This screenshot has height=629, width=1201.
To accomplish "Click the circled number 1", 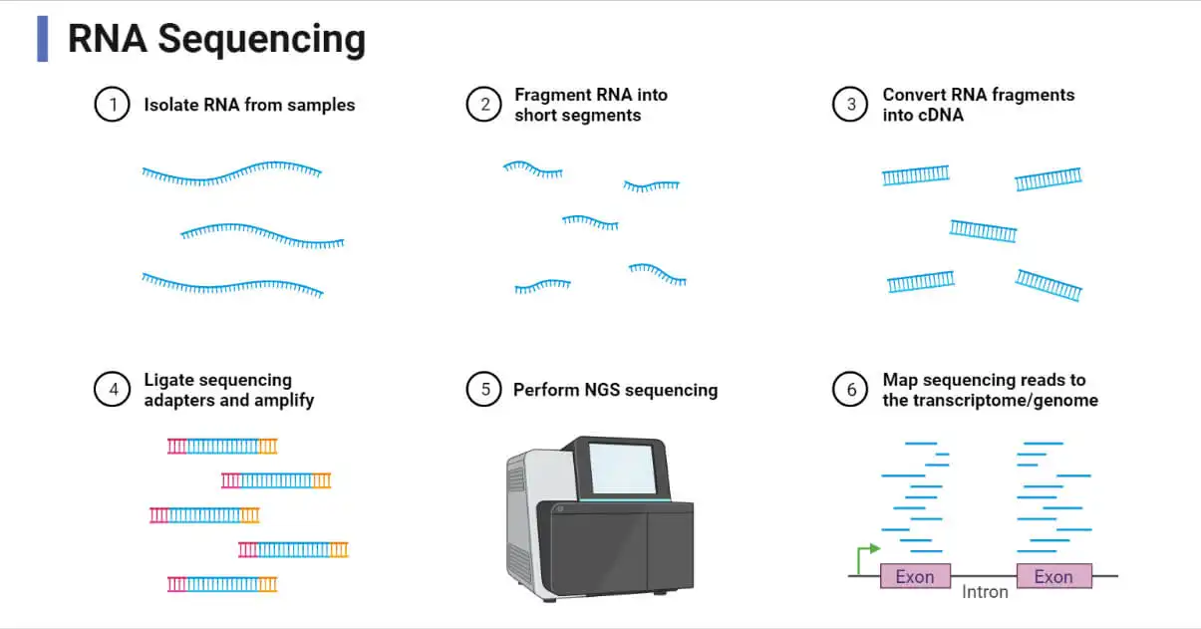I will pyautogui.click(x=113, y=105).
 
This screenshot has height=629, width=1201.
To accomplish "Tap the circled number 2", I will pyautogui.click(x=483, y=105).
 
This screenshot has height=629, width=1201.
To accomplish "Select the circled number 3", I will pyautogui.click(x=850, y=105).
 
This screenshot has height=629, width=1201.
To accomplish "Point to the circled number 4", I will pyautogui.click(x=113, y=390).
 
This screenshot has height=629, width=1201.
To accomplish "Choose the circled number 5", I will pyautogui.click(x=483, y=390).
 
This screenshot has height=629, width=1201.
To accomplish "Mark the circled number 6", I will pyautogui.click(x=850, y=390).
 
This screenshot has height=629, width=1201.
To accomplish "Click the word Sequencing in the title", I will pyautogui.click(x=261, y=39).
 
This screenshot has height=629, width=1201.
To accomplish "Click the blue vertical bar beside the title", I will pyautogui.click(x=42, y=39).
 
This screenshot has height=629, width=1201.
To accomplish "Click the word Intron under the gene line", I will pyautogui.click(x=985, y=592).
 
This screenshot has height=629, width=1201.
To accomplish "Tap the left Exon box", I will pyautogui.click(x=915, y=576).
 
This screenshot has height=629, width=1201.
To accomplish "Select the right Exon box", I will pyautogui.click(x=1053, y=576).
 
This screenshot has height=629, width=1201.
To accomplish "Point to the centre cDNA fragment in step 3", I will pyautogui.click(x=983, y=231).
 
